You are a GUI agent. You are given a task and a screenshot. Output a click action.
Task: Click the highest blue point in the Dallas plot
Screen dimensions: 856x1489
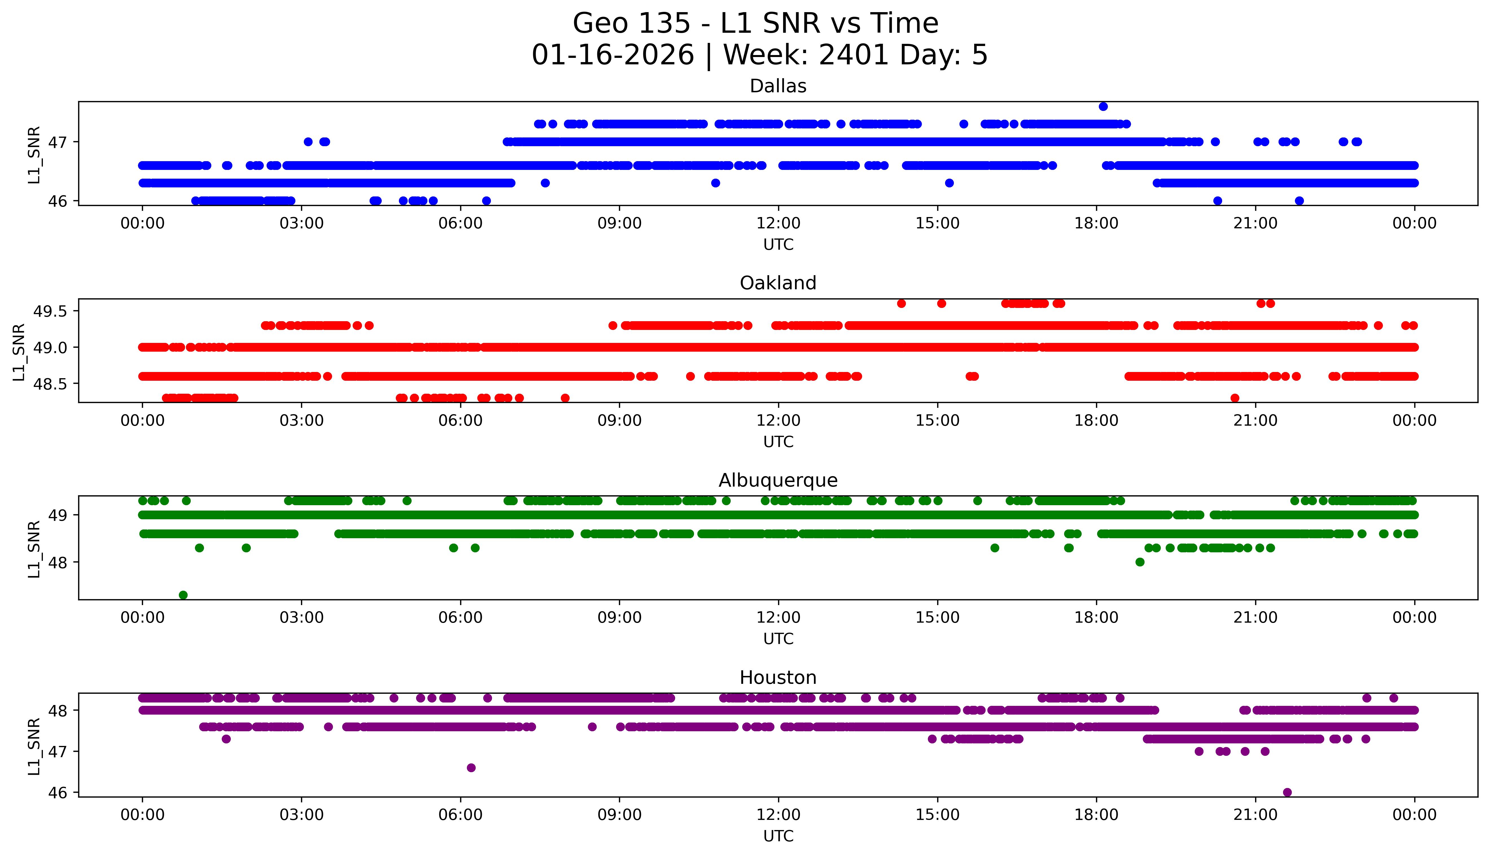click(1103, 106)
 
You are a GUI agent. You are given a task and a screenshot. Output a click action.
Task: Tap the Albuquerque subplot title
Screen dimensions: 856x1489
click(778, 480)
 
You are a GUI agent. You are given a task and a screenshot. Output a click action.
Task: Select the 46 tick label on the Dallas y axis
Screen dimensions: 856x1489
click(58, 201)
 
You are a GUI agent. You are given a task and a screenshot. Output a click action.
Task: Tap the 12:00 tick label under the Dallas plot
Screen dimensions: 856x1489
click(778, 224)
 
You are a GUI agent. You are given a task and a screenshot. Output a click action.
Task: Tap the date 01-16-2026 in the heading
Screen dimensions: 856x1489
click(613, 55)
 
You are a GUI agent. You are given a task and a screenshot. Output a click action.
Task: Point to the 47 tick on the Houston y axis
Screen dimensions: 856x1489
click(58, 751)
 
